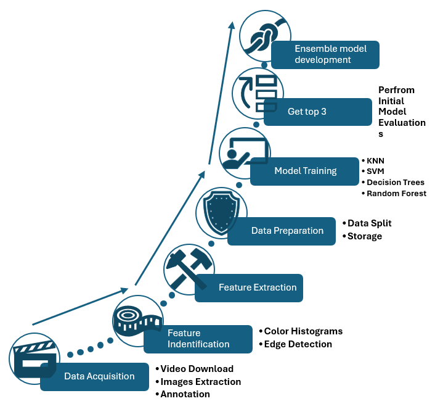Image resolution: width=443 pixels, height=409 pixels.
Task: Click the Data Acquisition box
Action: point(99,376)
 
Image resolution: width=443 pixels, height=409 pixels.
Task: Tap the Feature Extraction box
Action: point(257,287)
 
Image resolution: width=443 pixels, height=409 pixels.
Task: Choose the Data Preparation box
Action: point(287,231)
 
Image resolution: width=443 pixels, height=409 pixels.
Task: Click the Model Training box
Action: point(305,171)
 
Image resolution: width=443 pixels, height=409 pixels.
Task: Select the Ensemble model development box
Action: point(325,54)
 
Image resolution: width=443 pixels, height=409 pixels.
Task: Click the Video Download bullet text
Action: point(197,369)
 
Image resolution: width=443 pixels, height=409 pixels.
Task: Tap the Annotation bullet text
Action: point(185,394)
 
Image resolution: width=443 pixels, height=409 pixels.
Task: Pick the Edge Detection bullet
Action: point(298,344)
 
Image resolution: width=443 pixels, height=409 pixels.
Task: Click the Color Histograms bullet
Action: point(303,331)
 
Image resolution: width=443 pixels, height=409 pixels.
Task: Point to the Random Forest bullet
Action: point(396,194)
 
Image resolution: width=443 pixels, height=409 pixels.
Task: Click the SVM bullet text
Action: point(375,171)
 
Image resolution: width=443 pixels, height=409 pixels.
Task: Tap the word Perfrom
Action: point(396,90)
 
